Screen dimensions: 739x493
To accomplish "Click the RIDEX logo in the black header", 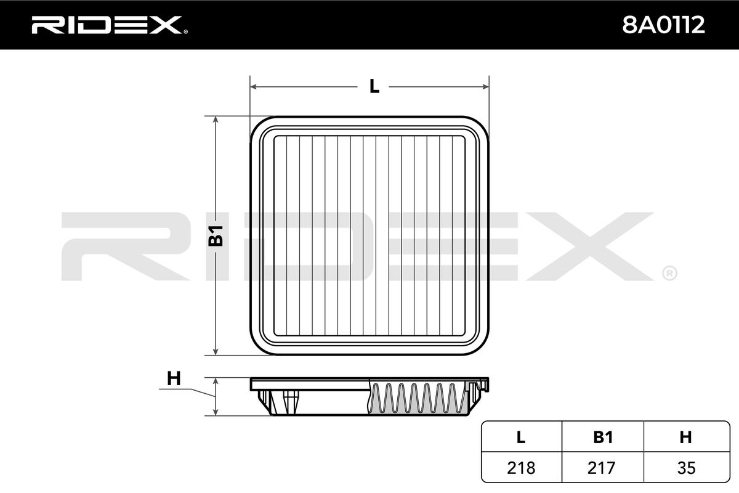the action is pos(110,25).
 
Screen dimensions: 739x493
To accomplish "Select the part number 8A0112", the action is pos(663,25).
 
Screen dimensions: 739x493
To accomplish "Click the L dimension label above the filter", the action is pos(374,86).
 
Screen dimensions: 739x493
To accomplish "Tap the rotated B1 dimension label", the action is pos(216,236).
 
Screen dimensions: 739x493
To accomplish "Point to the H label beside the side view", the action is pos(174,378).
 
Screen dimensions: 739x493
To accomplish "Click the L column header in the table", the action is pos(520,437).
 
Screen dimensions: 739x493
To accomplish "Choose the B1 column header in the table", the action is pos(603,437).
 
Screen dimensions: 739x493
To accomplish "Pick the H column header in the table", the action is pos(685,437).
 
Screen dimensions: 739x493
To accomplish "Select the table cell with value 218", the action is pos(521,468).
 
